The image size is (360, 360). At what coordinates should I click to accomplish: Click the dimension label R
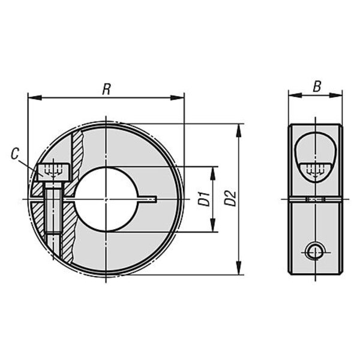coord(107,89)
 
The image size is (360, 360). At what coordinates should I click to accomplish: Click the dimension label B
coord(317,87)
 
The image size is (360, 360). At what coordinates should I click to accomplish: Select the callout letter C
coord(15,154)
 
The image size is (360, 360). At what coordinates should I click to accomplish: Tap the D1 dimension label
coord(204,199)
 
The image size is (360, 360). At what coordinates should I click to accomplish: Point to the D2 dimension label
coord(230,199)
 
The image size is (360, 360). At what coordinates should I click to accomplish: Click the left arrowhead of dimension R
coord(34,98)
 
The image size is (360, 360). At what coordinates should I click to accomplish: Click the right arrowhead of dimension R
coord(177,98)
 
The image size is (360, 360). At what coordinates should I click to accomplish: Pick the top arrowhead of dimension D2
coord(239,131)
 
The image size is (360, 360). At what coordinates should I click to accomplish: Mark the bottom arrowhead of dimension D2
coord(239,268)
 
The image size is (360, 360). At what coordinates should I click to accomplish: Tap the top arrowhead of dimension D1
coord(213,173)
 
